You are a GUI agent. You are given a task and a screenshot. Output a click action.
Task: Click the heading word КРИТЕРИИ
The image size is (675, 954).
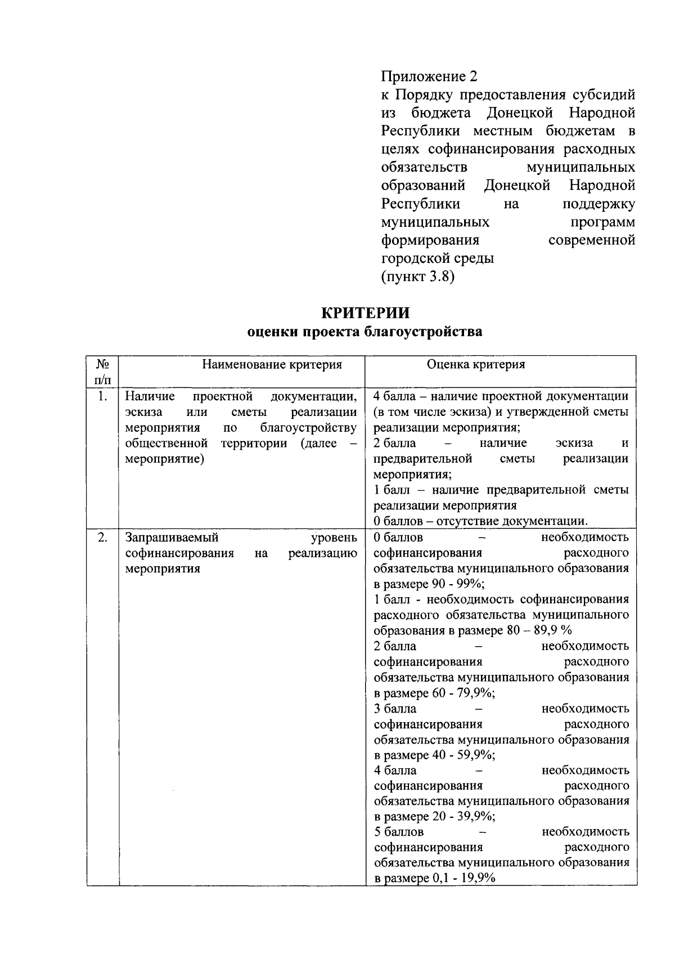[x=365, y=312]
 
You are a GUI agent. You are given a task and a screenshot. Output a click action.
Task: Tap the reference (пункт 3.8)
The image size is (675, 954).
[x=417, y=277]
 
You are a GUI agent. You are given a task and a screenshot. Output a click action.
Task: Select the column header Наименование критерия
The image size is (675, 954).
[x=272, y=365]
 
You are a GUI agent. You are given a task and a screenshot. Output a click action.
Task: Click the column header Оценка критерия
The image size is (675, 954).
[x=476, y=365]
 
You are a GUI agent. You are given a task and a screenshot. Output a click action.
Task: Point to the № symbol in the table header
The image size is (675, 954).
[x=102, y=364]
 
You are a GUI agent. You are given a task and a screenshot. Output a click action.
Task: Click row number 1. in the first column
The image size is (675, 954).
[x=102, y=396]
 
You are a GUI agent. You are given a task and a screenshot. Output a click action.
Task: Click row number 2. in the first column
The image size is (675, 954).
[x=102, y=537]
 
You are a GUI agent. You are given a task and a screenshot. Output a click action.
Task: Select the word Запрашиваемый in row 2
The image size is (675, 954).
[x=172, y=538]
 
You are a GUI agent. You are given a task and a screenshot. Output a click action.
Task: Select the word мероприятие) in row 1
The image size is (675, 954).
[x=164, y=459]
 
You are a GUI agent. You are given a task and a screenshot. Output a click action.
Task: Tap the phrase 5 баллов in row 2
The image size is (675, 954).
[x=399, y=832]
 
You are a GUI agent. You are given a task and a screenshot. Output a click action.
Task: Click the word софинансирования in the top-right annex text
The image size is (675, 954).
[x=488, y=149]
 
